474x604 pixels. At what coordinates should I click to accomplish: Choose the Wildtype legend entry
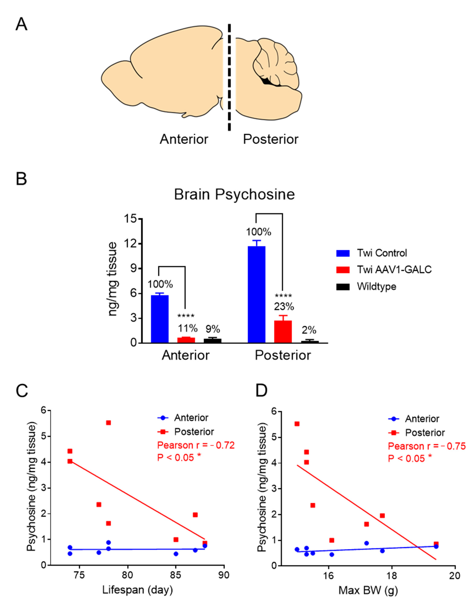click(376, 286)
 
